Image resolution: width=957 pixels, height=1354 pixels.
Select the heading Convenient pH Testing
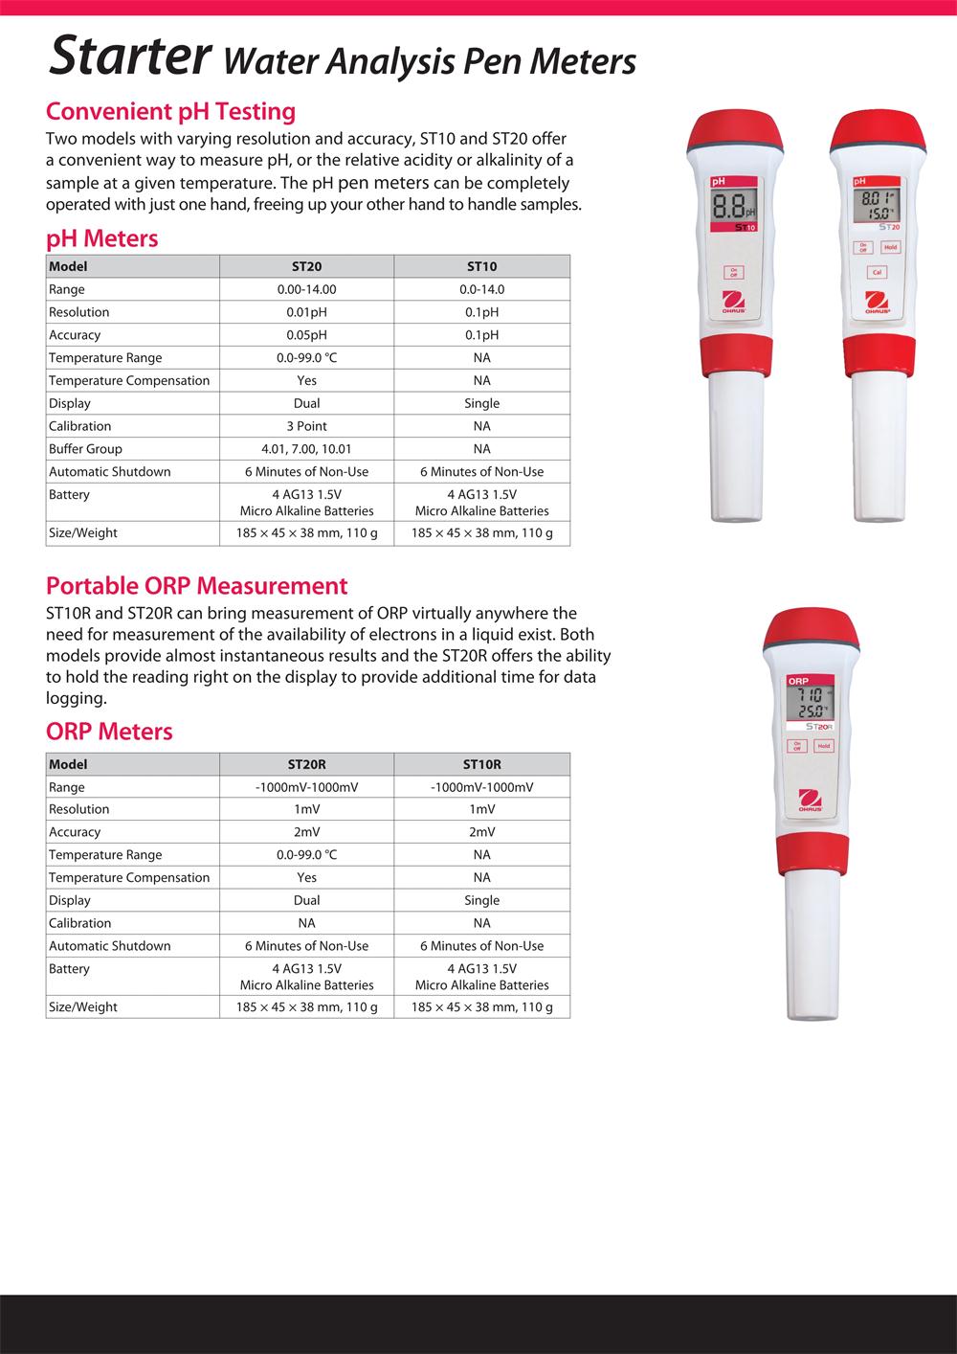[170, 111]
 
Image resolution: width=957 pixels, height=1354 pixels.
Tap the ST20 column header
[306, 266]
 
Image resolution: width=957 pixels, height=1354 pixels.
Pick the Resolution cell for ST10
[481, 312]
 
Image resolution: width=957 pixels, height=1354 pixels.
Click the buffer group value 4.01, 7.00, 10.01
[306, 449]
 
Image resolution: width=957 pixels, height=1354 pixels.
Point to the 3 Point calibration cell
[306, 426]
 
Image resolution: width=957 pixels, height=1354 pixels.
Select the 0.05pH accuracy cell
[306, 335]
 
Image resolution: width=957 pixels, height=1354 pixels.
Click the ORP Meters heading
[109, 732]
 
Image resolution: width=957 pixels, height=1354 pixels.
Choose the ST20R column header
[306, 764]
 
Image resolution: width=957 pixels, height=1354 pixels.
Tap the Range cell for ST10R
[481, 787]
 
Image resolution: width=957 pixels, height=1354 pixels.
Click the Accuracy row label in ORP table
[75, 832]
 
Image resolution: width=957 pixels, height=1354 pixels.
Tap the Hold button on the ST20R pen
[824, 746]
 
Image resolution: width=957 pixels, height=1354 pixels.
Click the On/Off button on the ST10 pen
[735, 272]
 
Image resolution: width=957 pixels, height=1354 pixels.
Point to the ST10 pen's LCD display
[734, 206]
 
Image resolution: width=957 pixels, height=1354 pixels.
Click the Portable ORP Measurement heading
[196, 585]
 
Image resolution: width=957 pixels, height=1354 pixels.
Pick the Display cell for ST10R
[481, 900]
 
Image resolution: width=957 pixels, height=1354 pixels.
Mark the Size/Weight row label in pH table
[83, 533]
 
